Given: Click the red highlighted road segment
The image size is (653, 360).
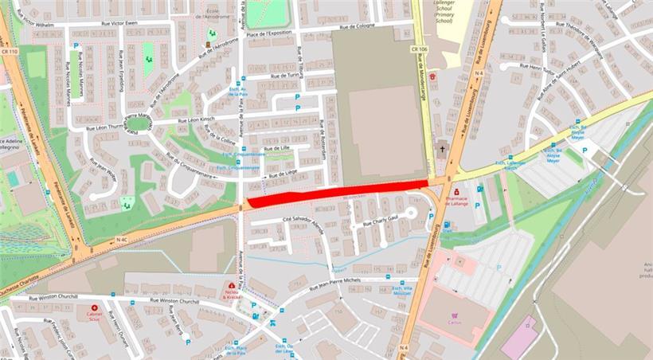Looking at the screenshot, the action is click(334, 194).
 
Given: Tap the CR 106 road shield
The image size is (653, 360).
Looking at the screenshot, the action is click(420, 49).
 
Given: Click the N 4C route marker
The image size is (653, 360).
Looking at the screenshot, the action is click(121, 239).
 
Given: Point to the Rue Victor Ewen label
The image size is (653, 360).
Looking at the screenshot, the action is click(119, 23).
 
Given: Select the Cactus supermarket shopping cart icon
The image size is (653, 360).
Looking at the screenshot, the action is click(456, 315).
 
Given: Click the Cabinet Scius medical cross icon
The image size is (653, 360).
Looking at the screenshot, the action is click(94, 307).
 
